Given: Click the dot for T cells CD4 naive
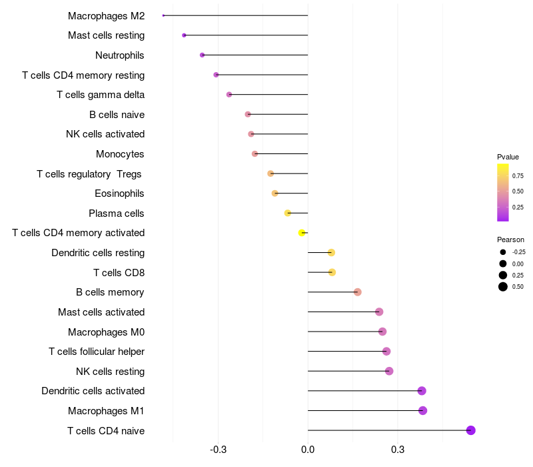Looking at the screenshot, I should (470, 430).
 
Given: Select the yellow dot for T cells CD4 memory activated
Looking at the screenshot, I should (302, 233).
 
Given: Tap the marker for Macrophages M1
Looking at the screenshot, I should (422, 410).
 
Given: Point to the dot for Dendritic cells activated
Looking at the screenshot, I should (422, 391).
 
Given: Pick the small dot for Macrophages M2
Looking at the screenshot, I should (163, 15).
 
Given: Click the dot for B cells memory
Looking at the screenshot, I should (358, 292).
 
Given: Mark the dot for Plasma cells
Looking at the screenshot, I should (288, 213).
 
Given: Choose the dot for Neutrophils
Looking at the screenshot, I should (202, 55).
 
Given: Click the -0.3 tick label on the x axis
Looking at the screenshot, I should (218, 450).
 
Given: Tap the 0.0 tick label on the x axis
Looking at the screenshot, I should (308, 450).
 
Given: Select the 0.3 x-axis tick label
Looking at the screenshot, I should (398, 450).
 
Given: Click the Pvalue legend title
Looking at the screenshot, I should (508, 157).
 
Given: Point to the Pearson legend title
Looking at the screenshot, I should (510, 240).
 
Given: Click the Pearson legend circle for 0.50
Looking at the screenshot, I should (502, 287).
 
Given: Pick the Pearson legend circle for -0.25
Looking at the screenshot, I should (502, 252).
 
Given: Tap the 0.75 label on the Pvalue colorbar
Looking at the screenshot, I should (518, 176).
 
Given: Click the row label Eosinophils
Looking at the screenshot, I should (120, 193).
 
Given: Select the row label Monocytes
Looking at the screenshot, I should (120, 154).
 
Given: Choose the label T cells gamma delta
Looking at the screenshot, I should (101, 95).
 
